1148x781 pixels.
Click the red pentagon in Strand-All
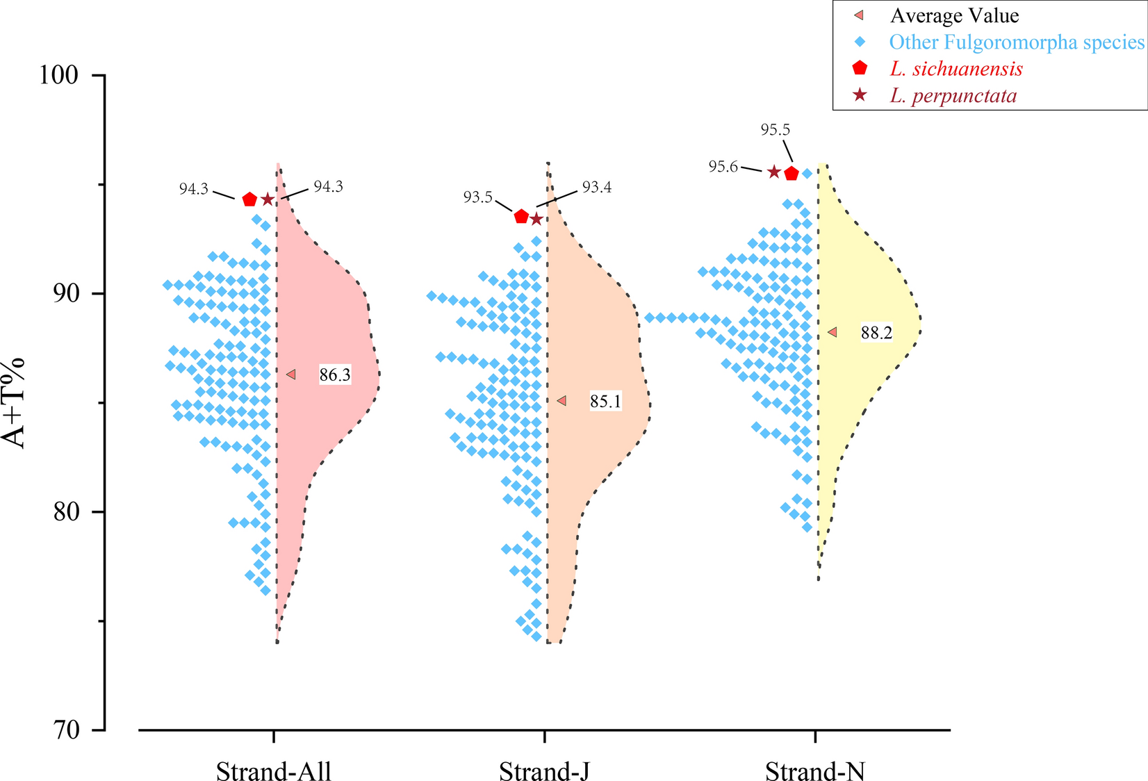(x=249, y=200)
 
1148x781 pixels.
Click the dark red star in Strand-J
(x=536, y=220)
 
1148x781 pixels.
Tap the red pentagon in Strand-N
(x=792, y=174)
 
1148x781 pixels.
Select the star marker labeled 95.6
(x=774, y=172)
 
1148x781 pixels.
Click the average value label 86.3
(x=335, y=375)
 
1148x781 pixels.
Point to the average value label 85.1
(x=605, y=402)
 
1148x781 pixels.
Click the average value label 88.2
(x=876, y=333)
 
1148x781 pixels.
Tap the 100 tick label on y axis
(x=58, y=74)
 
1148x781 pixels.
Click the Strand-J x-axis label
(x=544, y=771)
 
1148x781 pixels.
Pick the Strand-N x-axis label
(x=815, y=771)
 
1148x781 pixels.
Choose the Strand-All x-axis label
(x=273, y=771)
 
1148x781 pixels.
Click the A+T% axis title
(x=14, y=403)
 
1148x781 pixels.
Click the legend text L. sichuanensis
(x=956, y=69)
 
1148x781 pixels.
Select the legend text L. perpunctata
(x=953, y=95)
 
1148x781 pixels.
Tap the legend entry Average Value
(x=954, y=15)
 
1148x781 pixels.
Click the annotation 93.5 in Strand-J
(x=477, y=197)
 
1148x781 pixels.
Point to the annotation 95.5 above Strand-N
(x=775, y=130)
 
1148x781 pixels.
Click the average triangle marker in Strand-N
(x=833, y=333)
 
